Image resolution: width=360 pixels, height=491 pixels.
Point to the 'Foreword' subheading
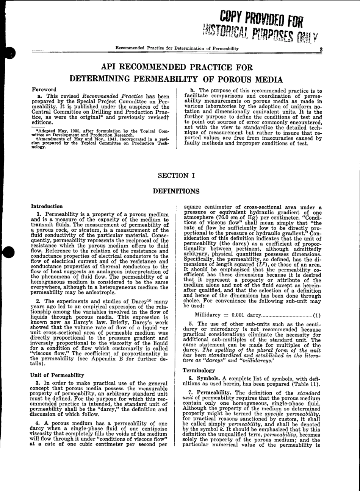[44, 90]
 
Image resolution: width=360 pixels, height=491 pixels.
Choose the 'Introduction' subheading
[47, 206]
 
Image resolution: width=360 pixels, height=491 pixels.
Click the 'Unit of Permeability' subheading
[57, 375]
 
